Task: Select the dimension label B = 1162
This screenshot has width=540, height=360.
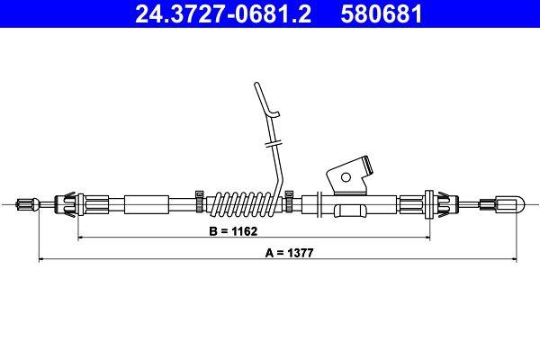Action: (x=233, y=231)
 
